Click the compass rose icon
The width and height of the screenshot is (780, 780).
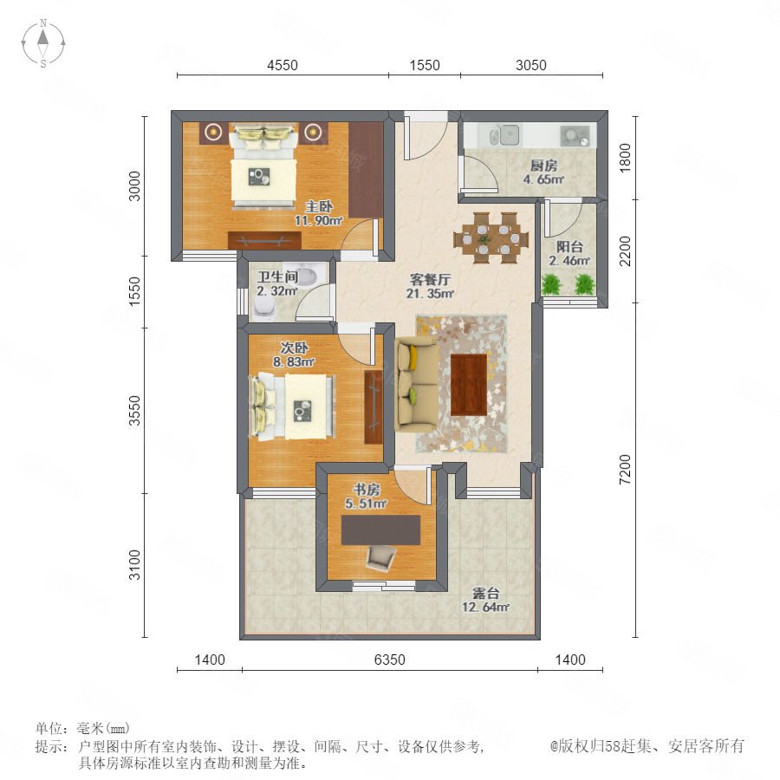(x=43, y=43)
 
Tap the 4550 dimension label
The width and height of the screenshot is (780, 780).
(x=282, y=65)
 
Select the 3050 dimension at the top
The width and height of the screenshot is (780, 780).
(x=530, y=65)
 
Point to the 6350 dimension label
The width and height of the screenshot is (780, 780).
(x=389, y=660)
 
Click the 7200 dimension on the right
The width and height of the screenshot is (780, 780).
(x=625, y=469)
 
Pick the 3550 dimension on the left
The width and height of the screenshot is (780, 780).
(x=135, y=411)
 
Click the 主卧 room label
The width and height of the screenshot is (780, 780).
(x=319, y=206)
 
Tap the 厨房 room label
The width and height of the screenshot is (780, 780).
(x=543, y=166)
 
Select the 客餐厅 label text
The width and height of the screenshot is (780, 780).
(x=430, y=279)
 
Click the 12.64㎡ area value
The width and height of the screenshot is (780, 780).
(x=485, y=607)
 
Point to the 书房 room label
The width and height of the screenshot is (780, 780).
(x=366, y=490)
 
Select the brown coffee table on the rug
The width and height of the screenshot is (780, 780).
(x=469, y=385)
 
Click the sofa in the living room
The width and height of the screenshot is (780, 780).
(x=416, y=385)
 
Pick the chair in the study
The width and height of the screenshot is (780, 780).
(x=381, y=557)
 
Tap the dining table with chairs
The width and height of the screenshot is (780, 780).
(x=487, y=237)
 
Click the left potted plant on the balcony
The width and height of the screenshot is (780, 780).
(x=550, y=284)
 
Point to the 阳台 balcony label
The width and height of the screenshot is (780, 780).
(x=569, y=246)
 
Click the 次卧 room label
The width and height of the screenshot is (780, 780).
(x=294, y=348)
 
